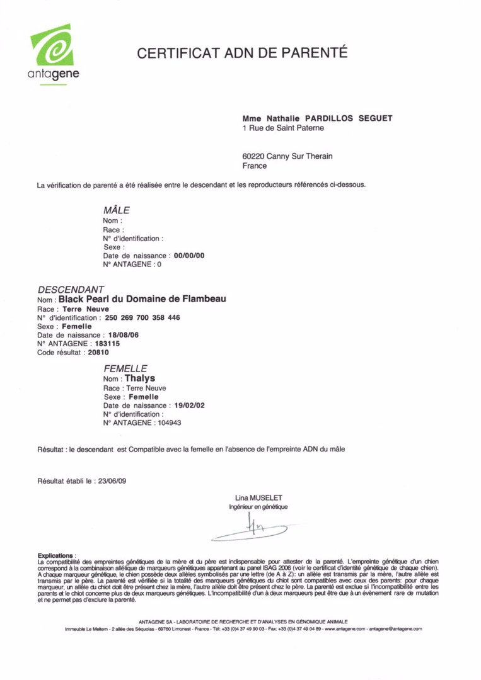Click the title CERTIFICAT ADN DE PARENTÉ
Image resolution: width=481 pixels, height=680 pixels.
(243, 53)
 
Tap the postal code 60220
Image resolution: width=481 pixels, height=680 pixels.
(253, 156)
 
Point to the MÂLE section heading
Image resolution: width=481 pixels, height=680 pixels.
(116, 210)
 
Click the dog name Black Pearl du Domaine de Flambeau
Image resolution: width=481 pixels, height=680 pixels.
(142, 299)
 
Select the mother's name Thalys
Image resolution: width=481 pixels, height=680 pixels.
(140, 378)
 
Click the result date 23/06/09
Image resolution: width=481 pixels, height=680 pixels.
(110, 481)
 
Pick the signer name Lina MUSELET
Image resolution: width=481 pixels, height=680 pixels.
(258, 498)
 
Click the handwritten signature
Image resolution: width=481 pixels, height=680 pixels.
(255, 529)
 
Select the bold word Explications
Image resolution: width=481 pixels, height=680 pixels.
(55, 555)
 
